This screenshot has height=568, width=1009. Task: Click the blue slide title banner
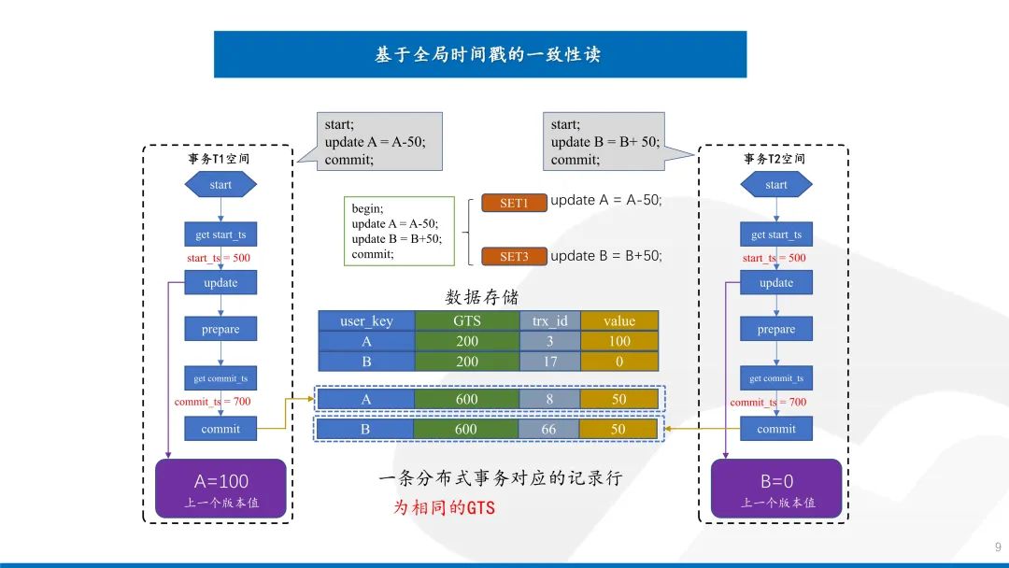[479, 54]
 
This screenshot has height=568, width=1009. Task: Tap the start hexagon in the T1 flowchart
[220, 184]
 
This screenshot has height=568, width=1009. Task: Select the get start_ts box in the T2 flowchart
[776, 234]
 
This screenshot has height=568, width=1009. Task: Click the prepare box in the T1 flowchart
[220, 329]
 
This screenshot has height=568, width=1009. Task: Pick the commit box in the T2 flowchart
[776, 429]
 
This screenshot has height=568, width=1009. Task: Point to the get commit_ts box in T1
[220, 378]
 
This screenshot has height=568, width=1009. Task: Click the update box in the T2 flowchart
[776, 283]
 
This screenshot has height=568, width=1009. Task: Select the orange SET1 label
[514, 203]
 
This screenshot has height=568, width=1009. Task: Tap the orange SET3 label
[514, 256]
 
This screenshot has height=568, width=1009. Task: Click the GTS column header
[466, 320]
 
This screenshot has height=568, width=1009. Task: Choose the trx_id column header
[549, 320]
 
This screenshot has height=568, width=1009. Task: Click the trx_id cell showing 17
[549, 362]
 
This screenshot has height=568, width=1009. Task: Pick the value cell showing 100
[618, 341]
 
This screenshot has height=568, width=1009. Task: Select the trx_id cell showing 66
[548, 429]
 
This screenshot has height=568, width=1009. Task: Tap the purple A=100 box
[220, 489]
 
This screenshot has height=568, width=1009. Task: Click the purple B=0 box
[776, 489]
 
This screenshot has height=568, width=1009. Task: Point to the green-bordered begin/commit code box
[397, 231]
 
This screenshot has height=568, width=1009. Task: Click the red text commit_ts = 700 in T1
[212, 402]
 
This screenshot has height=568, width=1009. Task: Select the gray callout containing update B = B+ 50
[604, 141]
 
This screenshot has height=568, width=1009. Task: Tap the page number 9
[997, 547]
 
